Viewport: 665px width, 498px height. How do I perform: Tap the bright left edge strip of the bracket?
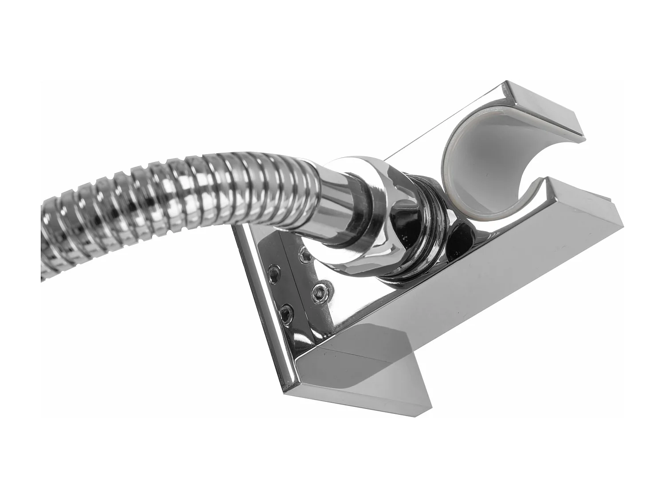[262, 310]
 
